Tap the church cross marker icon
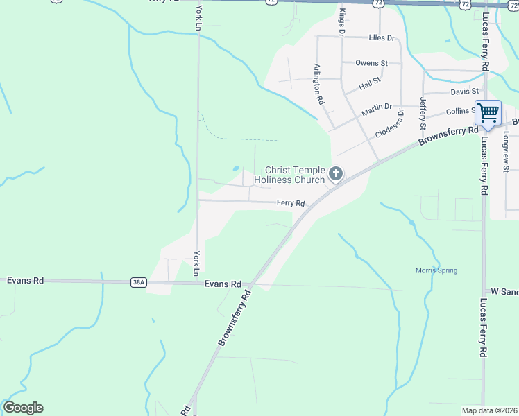tap(336, 174)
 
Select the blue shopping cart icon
tap(488, 112)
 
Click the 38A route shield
tap(137, 282)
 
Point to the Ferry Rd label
tap(291, 203)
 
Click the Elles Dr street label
tap(382, 38)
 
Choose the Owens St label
tap(371, 63)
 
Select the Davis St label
tap(464, 92)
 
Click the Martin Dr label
tap(377, 110)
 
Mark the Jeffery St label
tap(423, 114)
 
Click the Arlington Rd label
tap(318, 84)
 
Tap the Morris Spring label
tap(436, 270)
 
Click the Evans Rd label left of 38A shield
tap(25, 281)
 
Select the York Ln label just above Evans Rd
tap(197, 263)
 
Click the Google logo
tap(23, 408)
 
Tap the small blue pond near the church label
tap(236, 168)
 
